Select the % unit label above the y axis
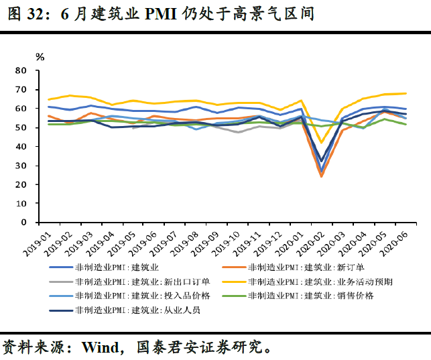click(40, 57)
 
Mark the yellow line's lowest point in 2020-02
click(322, 142)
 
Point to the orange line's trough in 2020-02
click(322, 176)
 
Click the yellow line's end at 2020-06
click(406, 93)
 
